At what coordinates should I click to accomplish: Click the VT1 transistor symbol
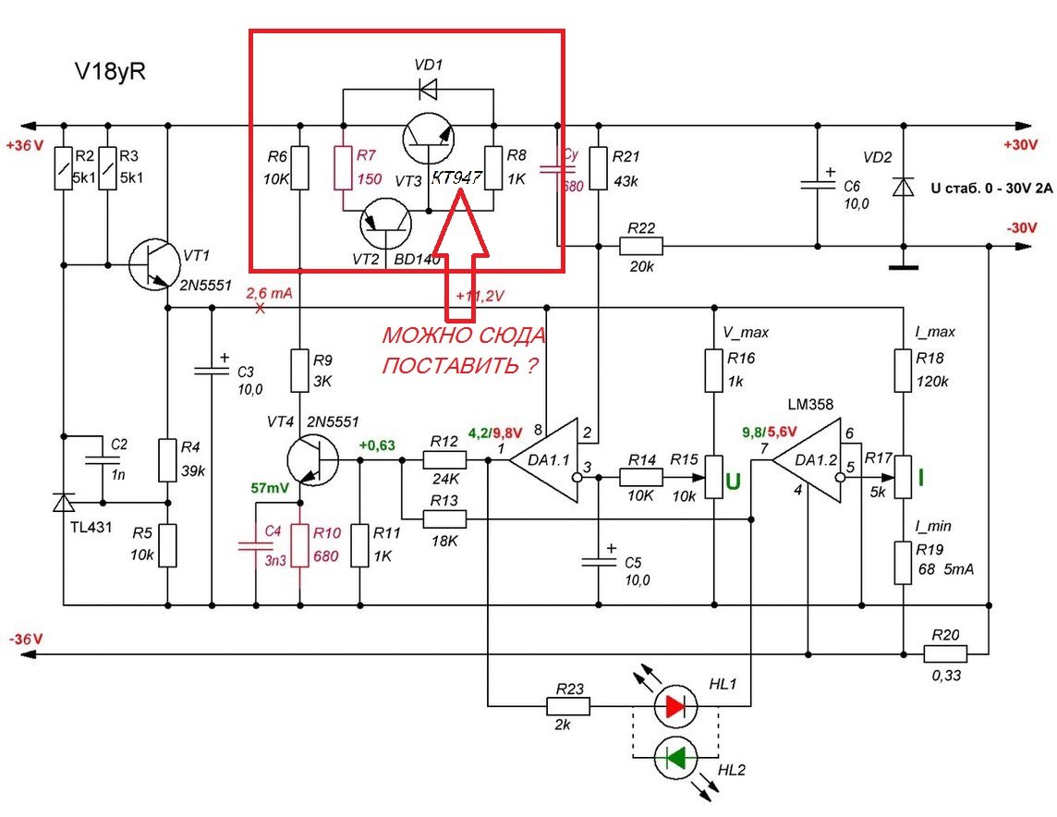pos(152,264)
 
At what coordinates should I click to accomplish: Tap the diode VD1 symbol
pos(428,90)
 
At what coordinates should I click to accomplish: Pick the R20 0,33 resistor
pos(945,653)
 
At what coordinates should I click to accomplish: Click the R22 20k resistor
pos(640,247)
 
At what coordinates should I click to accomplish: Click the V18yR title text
pos(110,72)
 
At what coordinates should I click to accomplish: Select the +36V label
pos(22,144)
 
